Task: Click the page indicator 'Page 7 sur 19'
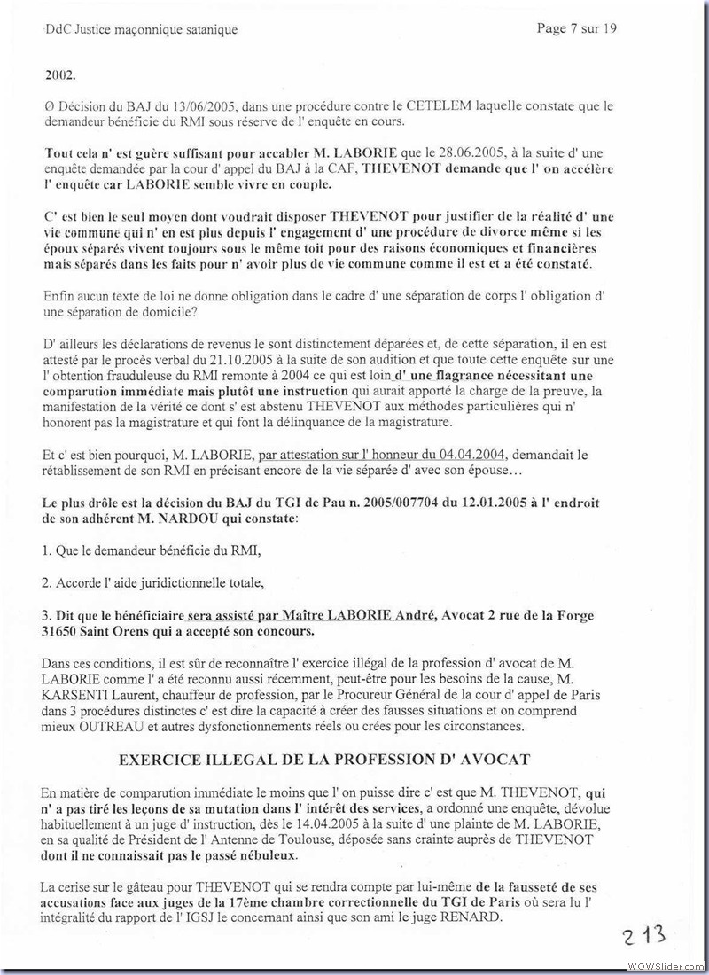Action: click(577, 28)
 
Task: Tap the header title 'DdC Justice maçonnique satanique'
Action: click(140, 30)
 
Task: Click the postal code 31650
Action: click(66, 632)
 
